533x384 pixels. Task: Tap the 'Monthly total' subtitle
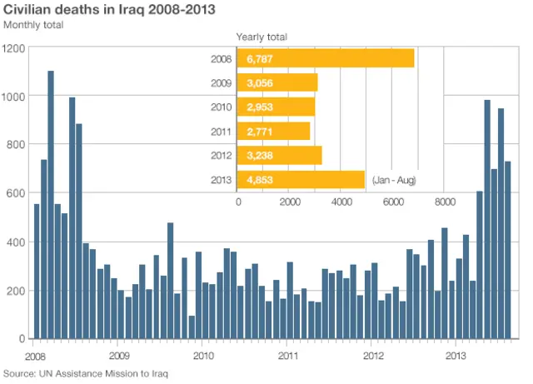pos(33,25)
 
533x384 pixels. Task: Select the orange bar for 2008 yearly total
pos(326,59)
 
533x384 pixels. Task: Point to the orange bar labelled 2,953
pos(276,107)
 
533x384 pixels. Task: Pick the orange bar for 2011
pos(274,132)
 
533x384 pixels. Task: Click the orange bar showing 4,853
pos(301,180)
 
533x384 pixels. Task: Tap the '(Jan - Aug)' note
pos(395,180)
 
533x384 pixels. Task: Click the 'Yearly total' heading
pos(262,37)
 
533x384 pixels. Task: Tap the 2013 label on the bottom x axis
pos(455,355)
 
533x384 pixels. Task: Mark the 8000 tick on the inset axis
pos(443,202)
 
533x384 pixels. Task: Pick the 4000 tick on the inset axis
pos(341,202)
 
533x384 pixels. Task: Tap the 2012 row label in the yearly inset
pos(222,156)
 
